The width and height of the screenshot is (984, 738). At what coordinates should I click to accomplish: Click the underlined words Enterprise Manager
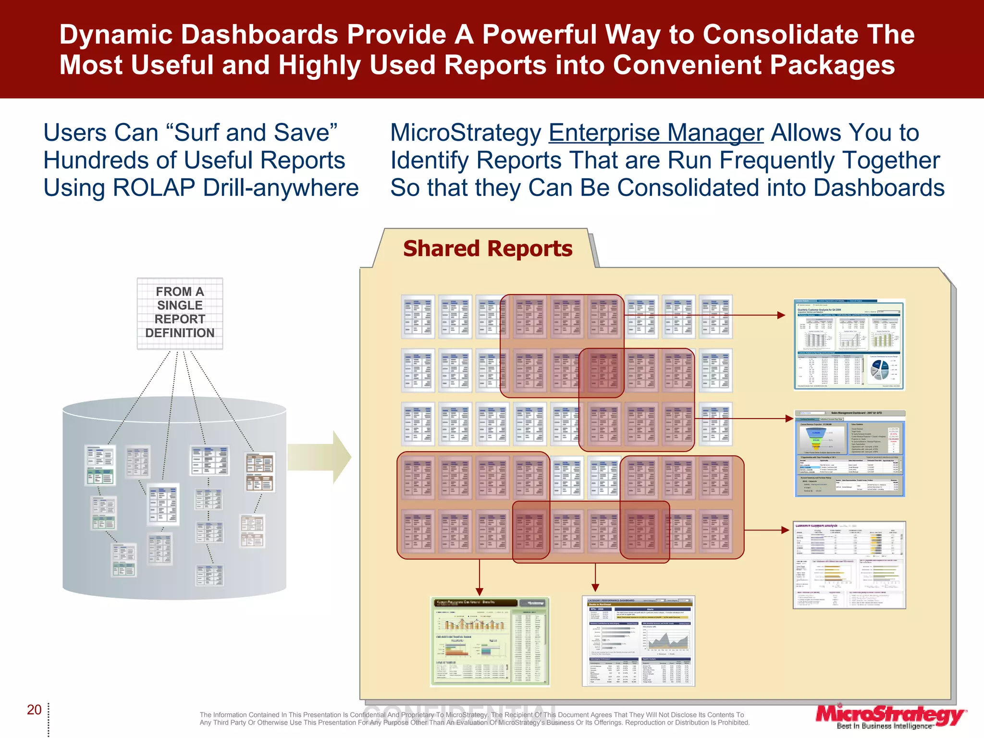click(656, 133)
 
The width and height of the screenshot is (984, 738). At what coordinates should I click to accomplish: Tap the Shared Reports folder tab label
click(487, 249)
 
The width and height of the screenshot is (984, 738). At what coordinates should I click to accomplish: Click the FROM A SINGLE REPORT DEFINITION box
click(180, 313)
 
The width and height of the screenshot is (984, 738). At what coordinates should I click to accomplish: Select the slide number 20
click(34, 710)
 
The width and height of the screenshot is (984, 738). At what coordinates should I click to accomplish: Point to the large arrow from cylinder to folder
click(320, 457)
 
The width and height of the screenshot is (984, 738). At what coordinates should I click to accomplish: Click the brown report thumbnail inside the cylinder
click(260, 472)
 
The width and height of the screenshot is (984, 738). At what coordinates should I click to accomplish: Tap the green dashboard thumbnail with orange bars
click(489, 641)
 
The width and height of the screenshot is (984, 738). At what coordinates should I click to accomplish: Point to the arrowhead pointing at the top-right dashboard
click(781, 315)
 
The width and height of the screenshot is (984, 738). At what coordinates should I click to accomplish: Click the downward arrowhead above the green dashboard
click(479, 591)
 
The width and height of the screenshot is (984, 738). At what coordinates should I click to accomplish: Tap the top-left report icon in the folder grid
click(418, 316)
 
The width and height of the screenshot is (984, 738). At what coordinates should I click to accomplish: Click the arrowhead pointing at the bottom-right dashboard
click(785, 530)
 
